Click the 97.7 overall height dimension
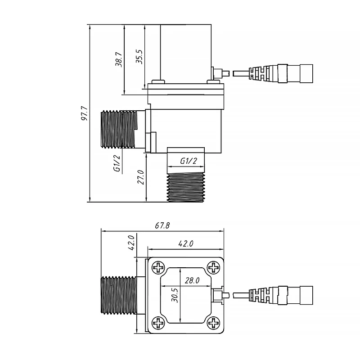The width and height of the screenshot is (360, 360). [84, 114]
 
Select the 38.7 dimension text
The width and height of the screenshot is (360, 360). [118, 59]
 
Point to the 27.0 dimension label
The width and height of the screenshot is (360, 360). [140, 177]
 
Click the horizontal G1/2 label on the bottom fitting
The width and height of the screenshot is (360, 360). [189, 161]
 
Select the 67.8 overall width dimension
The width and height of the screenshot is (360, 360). [162, 226]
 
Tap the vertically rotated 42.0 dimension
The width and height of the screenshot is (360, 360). [131, 243]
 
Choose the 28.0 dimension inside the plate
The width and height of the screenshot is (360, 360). [192, 280]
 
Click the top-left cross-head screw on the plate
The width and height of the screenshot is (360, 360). [159, 269]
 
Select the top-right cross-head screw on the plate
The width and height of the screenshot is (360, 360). [213, 269]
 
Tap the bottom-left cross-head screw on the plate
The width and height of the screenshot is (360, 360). [159, 322]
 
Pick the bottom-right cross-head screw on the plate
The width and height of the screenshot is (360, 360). [213, 322]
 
